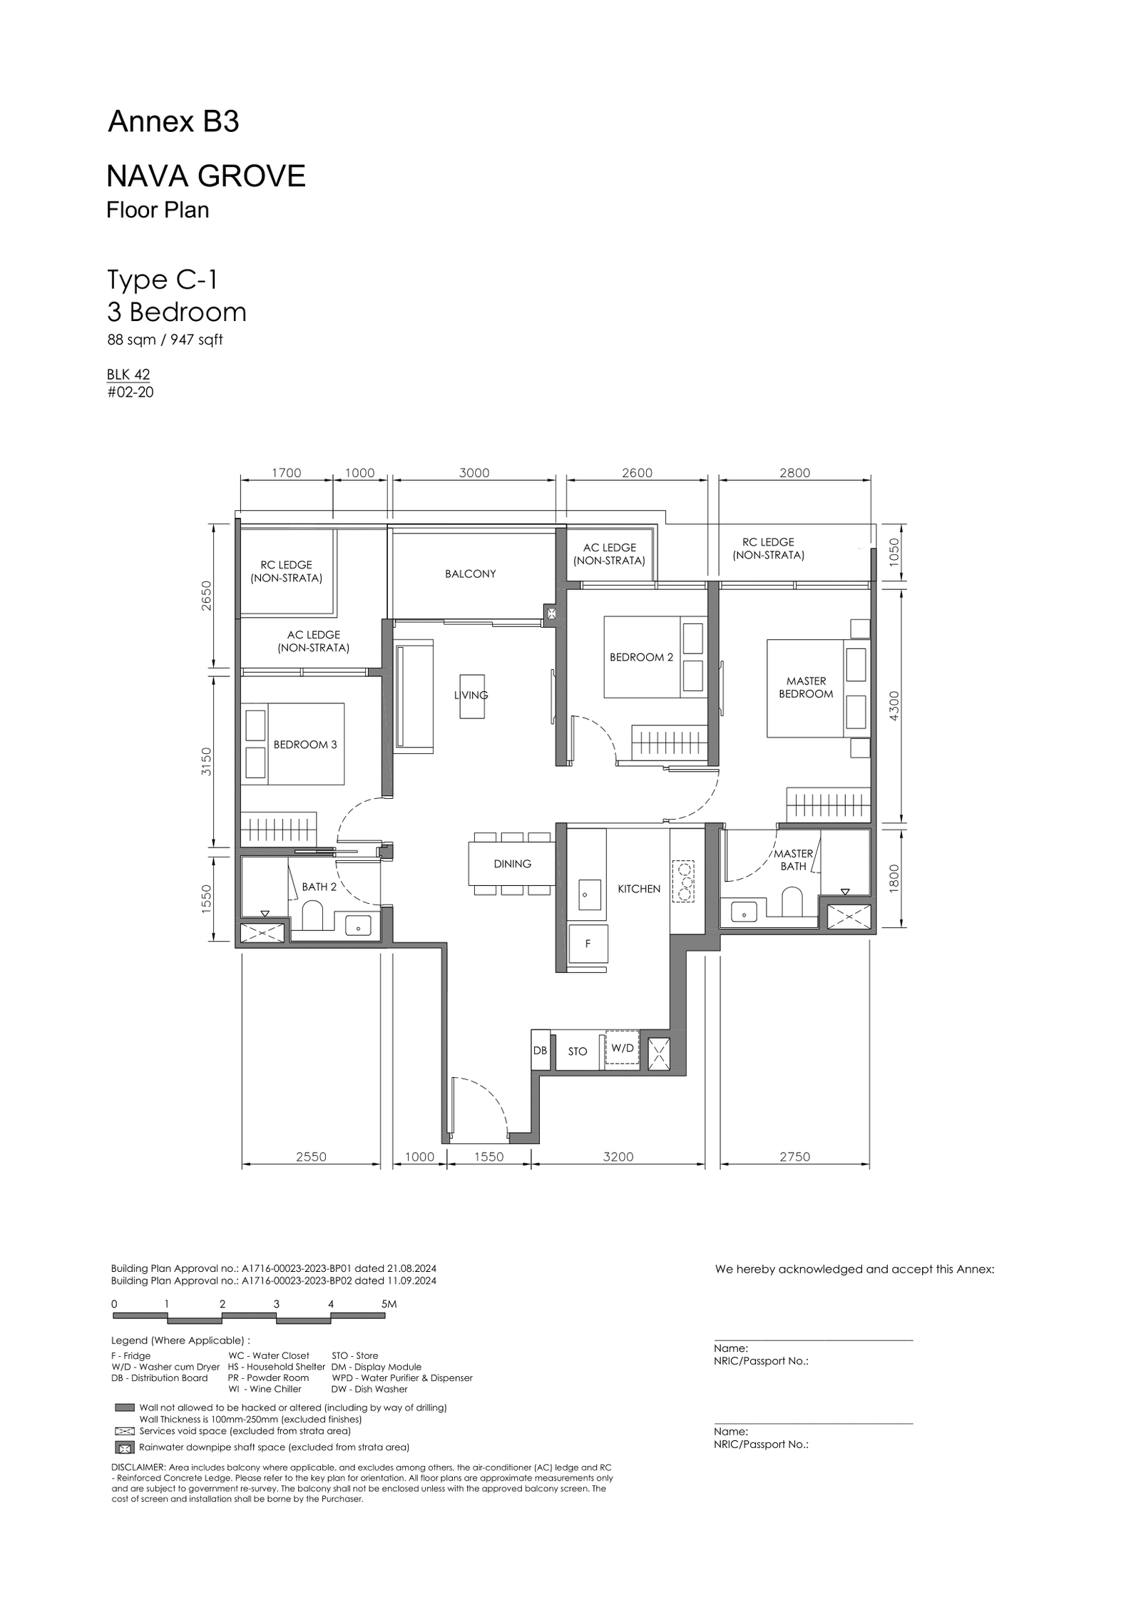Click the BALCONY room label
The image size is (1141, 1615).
tap(470, 574)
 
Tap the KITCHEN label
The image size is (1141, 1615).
tap(639, 889)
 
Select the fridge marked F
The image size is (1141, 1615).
tap(588, 944)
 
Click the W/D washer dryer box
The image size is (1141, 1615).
tap(623, 1048)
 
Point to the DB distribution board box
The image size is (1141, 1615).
tap(541, 1050)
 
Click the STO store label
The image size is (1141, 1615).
tap(578, 1051)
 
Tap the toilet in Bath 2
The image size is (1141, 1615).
tap(313, 915)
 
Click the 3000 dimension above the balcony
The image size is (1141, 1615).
tap(474, 473)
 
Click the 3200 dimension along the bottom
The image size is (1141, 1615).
tap(618, 1157)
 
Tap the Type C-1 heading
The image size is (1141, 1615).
tap(162, 280)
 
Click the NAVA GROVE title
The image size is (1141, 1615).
tap(206, 175)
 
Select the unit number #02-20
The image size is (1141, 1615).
tap(131, 392)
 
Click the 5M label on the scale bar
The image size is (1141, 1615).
tap(389, 1304)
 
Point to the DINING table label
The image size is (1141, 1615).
tap(512, 864)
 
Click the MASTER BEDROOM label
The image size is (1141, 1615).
tap(806, 688)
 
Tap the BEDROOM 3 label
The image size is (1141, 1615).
tap(305, 745)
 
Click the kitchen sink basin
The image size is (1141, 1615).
tap(589, 894)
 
